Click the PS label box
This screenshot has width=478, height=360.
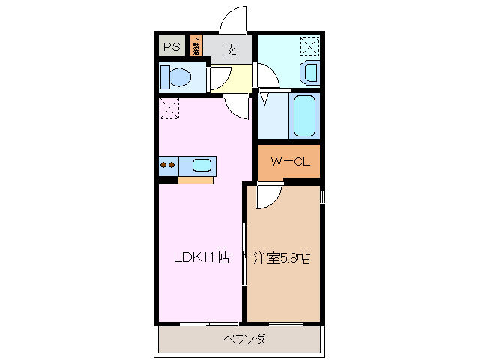tap(172, 46)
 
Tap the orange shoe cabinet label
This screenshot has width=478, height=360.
tap(196, 46)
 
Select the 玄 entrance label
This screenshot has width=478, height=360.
tap(231, 51)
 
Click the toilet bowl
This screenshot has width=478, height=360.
tap(178, 76)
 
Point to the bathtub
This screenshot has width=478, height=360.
tap(303, 115)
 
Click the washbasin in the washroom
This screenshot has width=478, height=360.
tap(309, 73)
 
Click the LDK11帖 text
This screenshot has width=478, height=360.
tap(200, 258)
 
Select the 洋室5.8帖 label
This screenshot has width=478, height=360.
tap(282, 258)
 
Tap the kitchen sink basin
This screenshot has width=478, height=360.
tap(202, 165)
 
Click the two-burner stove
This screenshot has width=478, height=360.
tap(169, 165)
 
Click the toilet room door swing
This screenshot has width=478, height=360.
tap(220, 79)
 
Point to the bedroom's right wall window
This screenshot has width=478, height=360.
tap(322, 198)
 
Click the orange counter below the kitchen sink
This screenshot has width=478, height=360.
tap(195, 180)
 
